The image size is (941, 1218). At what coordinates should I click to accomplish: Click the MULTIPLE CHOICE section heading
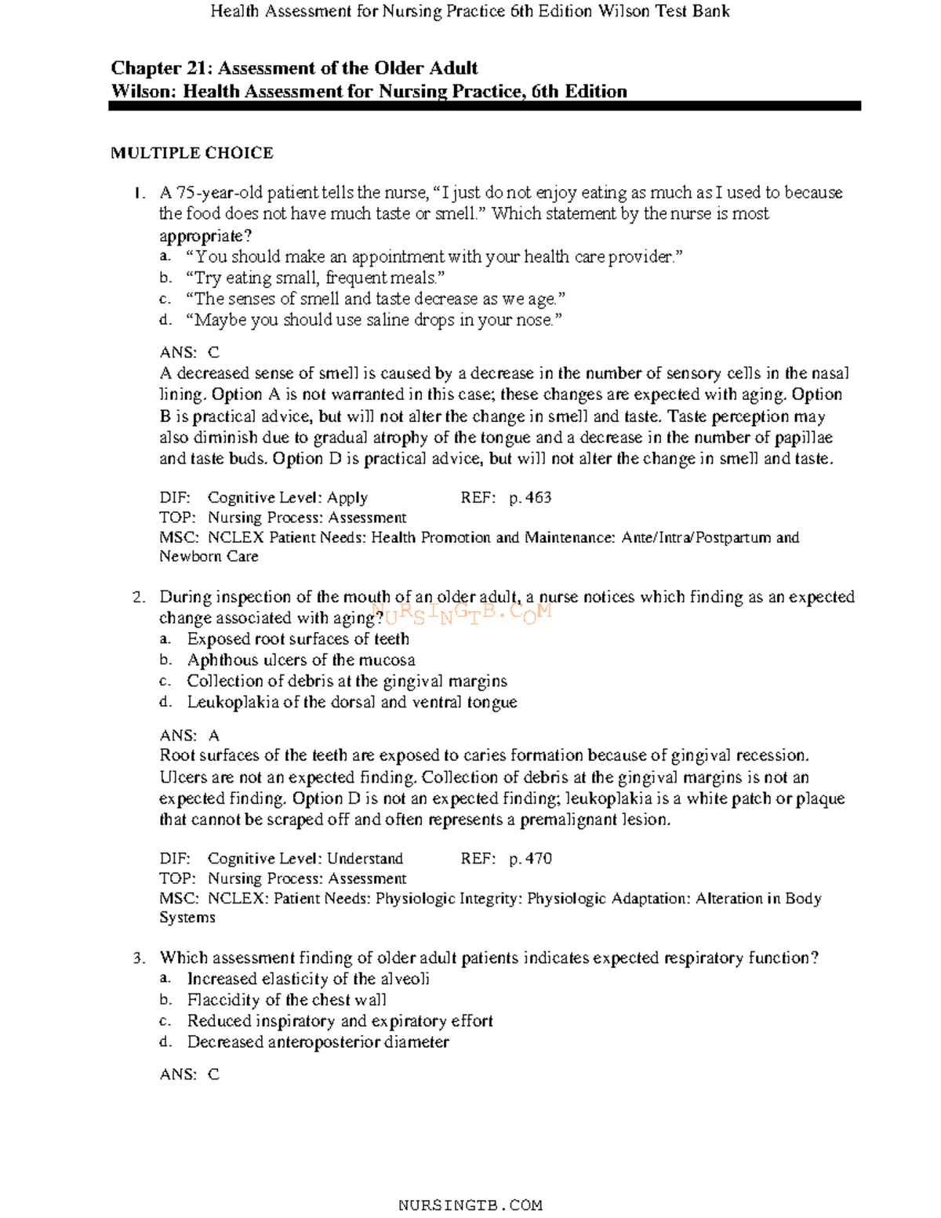[192, 153]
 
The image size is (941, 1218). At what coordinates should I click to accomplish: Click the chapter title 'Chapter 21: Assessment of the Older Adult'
[294, 68]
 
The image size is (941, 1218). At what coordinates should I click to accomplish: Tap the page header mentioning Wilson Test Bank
[470, 11]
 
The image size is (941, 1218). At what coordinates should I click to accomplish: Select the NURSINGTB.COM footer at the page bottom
[470, 1205]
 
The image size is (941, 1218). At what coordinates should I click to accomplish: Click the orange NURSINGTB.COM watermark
[463, 613]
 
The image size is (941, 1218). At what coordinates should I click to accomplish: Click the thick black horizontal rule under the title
[485, 106]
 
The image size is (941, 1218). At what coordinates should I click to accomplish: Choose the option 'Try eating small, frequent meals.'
[315, 278]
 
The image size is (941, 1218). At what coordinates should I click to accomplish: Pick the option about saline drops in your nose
[374, 320]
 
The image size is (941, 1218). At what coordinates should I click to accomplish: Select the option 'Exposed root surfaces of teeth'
[298, 639]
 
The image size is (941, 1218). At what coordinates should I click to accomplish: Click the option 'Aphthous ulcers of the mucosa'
[301, 660]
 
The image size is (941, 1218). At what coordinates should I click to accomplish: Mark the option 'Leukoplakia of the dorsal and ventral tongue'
[352, 703]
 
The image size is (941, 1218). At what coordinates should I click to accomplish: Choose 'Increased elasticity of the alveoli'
[308, 979]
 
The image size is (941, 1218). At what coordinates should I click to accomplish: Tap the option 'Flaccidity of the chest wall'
[286, 1000]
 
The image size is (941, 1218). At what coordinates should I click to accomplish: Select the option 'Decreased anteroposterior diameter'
[318, 1042]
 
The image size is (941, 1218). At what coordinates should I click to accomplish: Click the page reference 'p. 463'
[530, 498]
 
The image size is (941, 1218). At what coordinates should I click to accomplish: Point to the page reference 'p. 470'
[530, 859]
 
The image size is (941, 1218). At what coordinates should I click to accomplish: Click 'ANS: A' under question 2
[190, 736]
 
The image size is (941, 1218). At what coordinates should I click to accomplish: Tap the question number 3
[139, 958]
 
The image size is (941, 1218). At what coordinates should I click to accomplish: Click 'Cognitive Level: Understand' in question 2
[305, 859]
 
